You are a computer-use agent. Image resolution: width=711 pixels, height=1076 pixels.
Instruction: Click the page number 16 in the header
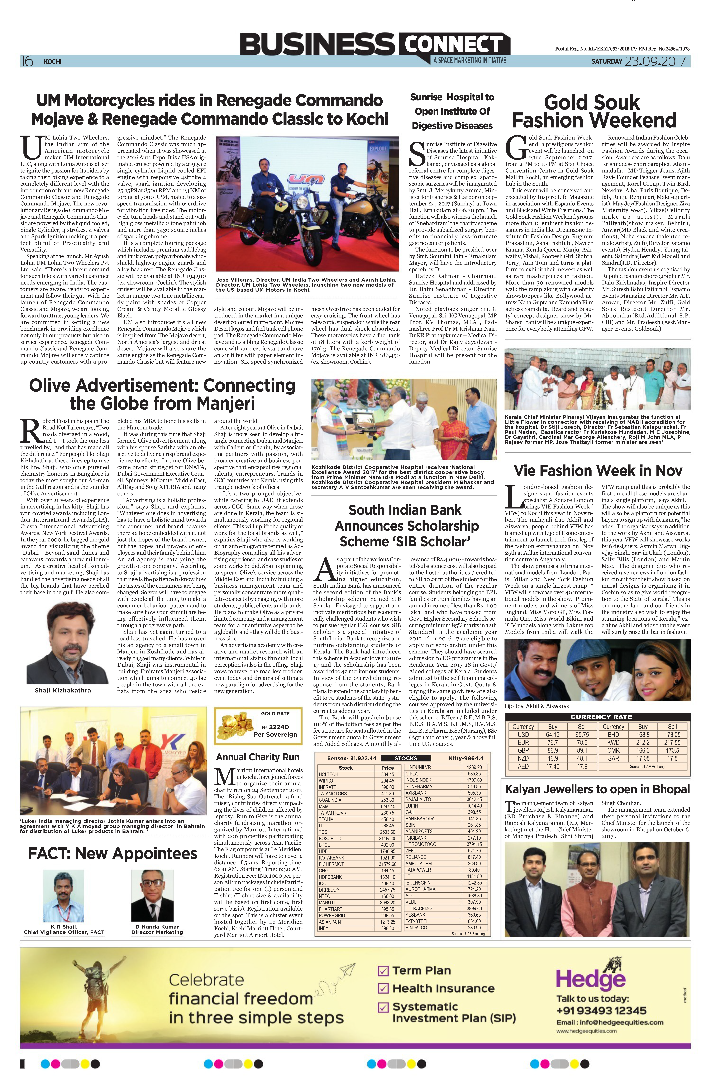pyautogui.click(x=27, y=61)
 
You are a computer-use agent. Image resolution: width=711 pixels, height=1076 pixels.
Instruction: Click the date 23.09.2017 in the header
pyautogui.click(x=655, y=61)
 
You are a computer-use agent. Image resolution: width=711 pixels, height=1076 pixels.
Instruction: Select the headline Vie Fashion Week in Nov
pyautogui.click(x=598, y=471)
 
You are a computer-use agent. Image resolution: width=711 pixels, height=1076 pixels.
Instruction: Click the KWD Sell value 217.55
pyautogui.click(x=672, y=742)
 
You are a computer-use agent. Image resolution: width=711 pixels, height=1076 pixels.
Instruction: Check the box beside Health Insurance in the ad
pyautogui.click(x=383, y=988)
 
